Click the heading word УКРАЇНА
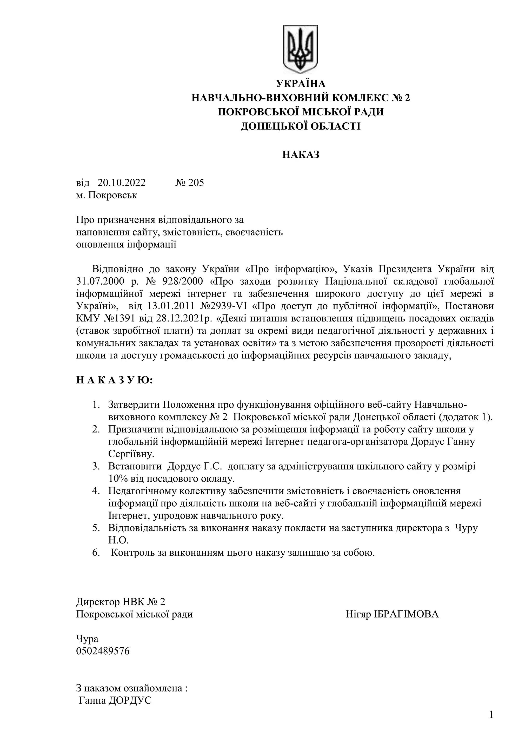coord(301,84)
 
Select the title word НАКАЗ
coord(301,155)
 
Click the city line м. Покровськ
coord(107,195)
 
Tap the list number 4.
coord(96,491)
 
